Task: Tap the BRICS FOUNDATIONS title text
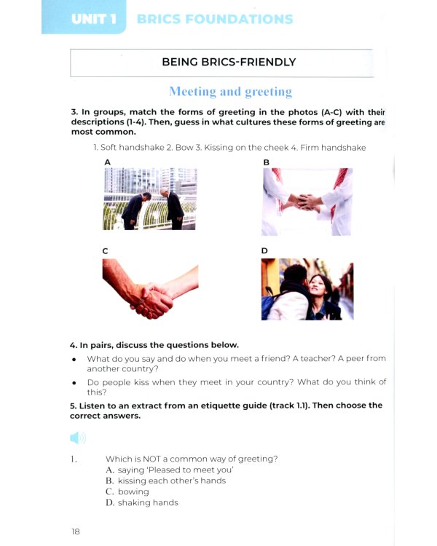[215, 19]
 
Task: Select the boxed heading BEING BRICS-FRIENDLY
[229, 62]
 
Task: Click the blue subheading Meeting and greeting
[230, 92]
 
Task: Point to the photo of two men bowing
[149, 199]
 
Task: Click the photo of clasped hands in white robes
[307, 202]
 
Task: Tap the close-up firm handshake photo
[149, 290]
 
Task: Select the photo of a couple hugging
[307, 290]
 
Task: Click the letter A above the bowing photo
[107, 162]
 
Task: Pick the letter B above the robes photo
[266, 162]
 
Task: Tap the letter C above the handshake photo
[106, 250]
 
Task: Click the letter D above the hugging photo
[265, 250]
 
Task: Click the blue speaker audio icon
[78, 438]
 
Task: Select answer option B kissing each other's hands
[166, 480]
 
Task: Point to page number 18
[76, 531]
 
